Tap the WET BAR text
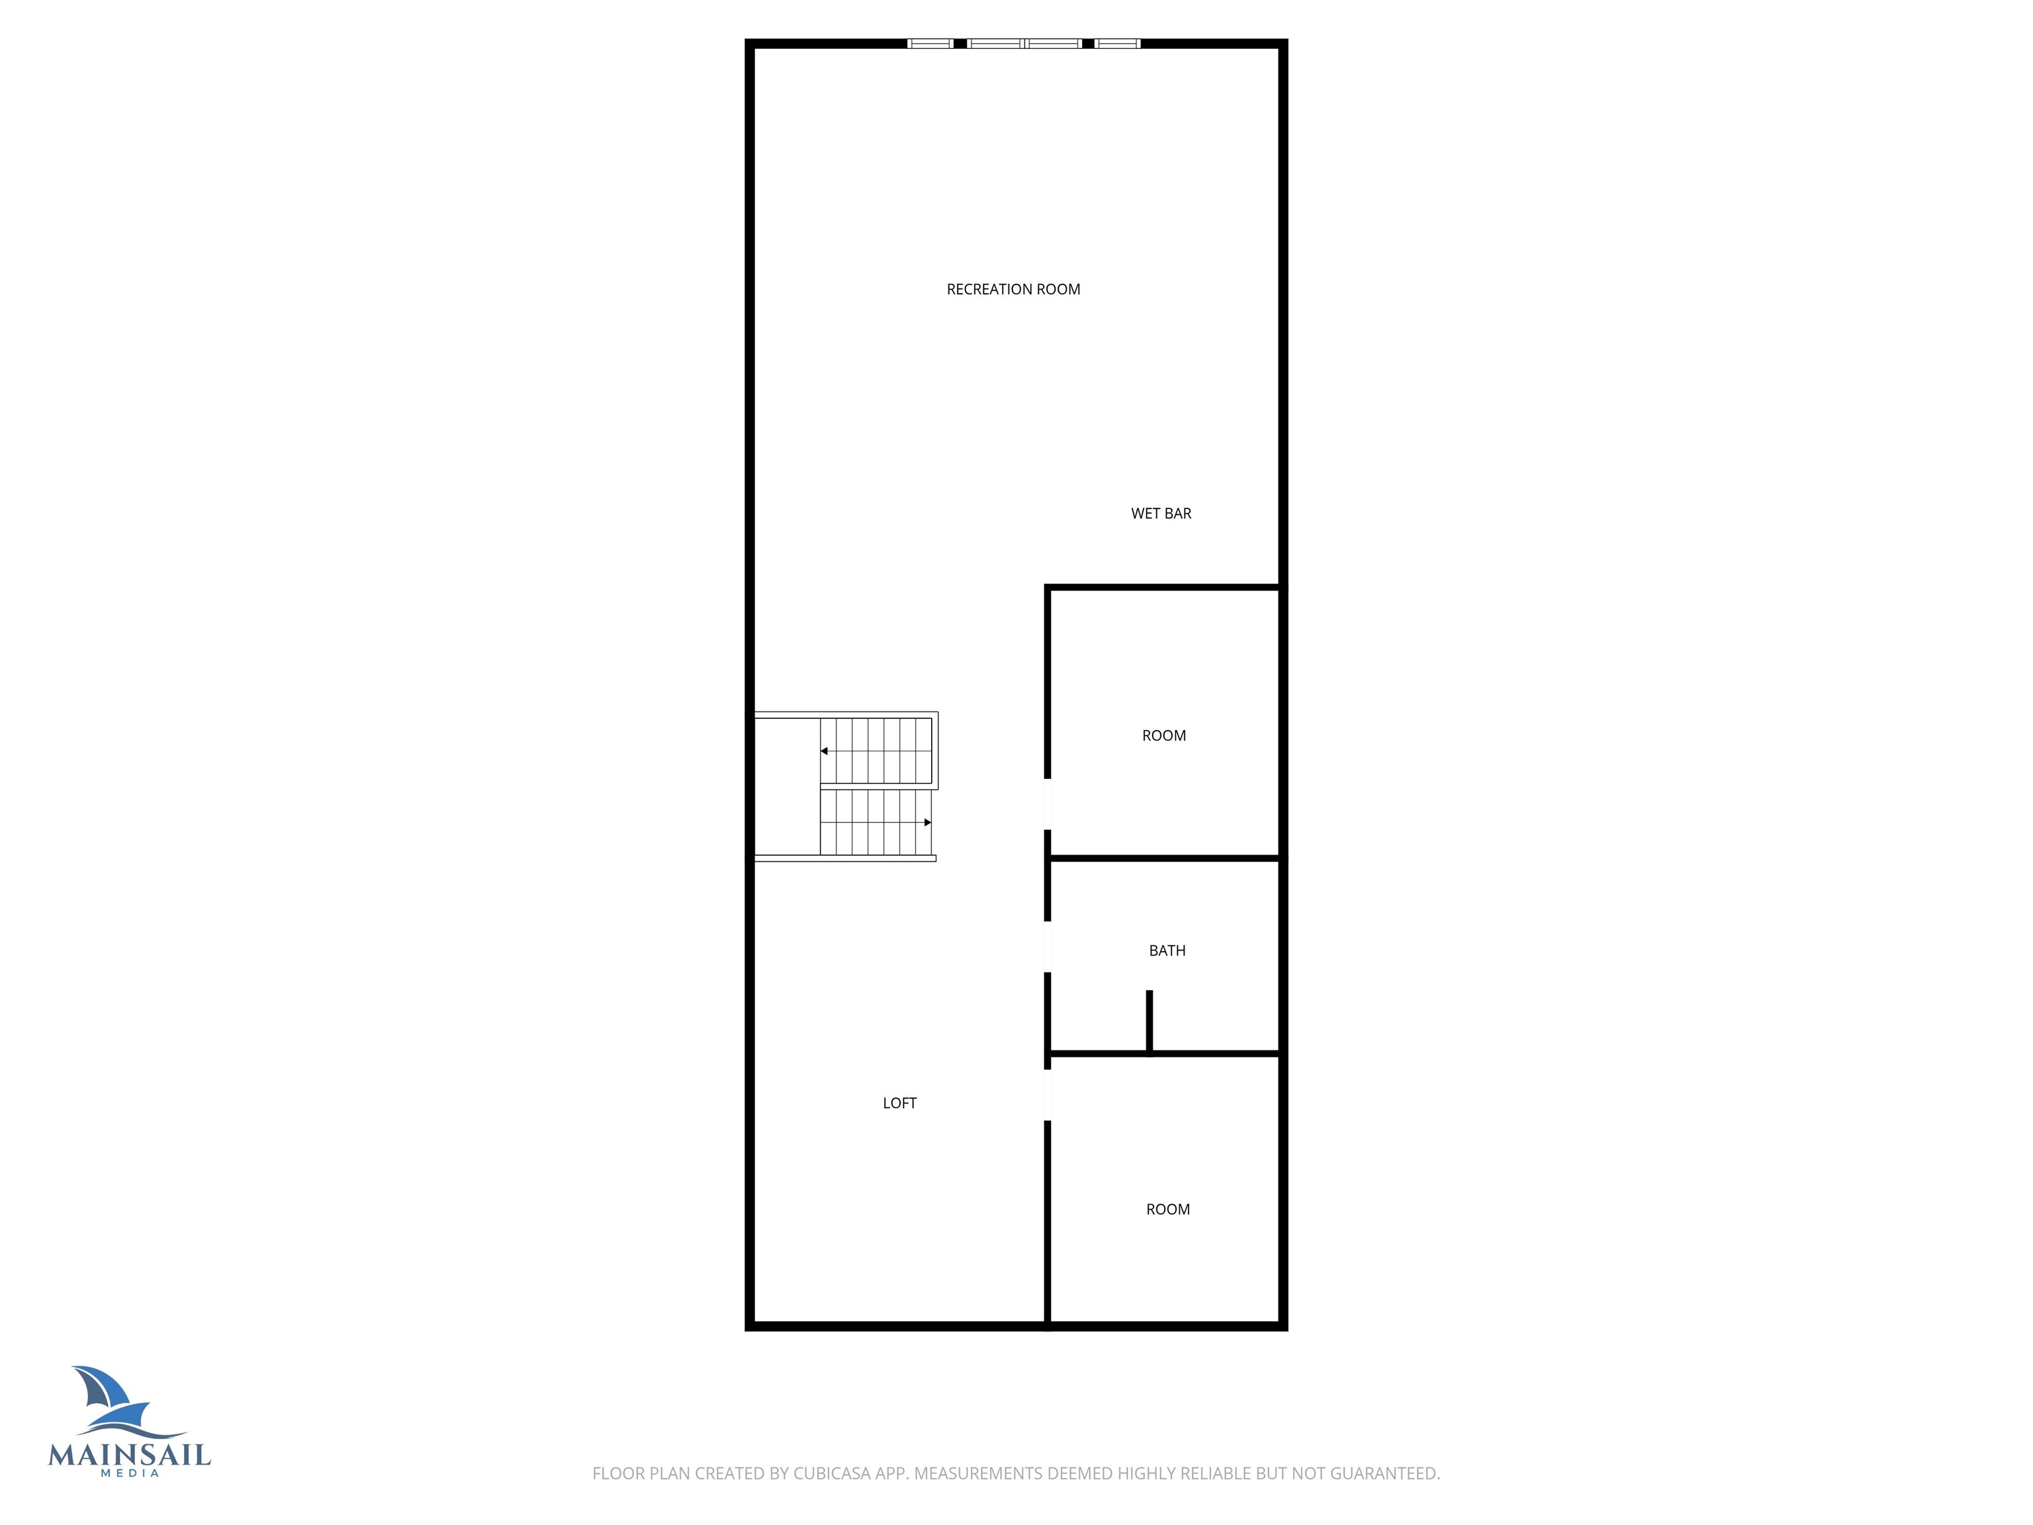1161,514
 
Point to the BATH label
1167,950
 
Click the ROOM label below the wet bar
1163,735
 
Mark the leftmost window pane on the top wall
930,43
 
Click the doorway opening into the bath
1048,946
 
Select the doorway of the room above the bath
1048,804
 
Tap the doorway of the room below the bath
1048,1095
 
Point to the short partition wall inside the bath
1149,1021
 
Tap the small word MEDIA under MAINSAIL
130,1473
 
